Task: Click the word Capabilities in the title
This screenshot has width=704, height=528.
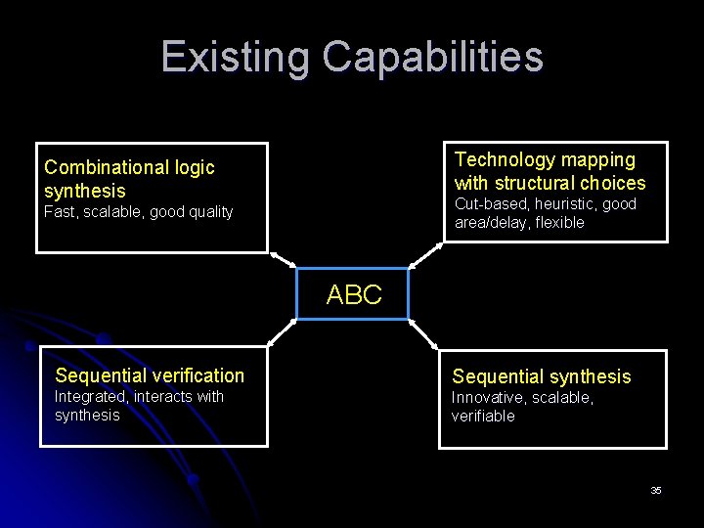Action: click(432, 57)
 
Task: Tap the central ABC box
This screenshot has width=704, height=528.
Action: click(353, 294)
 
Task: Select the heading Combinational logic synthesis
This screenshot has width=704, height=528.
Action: click(129, 179)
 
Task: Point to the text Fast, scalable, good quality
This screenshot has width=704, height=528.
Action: click(138, 212)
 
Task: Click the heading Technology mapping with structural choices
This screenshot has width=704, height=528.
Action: click(550, 171)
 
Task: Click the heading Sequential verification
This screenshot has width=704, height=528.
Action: click(150, 375)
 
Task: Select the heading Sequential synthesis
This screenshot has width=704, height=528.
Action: click(541, 376)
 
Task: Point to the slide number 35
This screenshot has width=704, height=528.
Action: click(656, 490)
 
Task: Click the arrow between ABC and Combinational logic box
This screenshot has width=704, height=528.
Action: click(283, 260)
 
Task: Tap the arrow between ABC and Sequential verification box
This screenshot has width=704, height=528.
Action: click(282, 332)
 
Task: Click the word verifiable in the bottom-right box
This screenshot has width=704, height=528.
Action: click(482, 417)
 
